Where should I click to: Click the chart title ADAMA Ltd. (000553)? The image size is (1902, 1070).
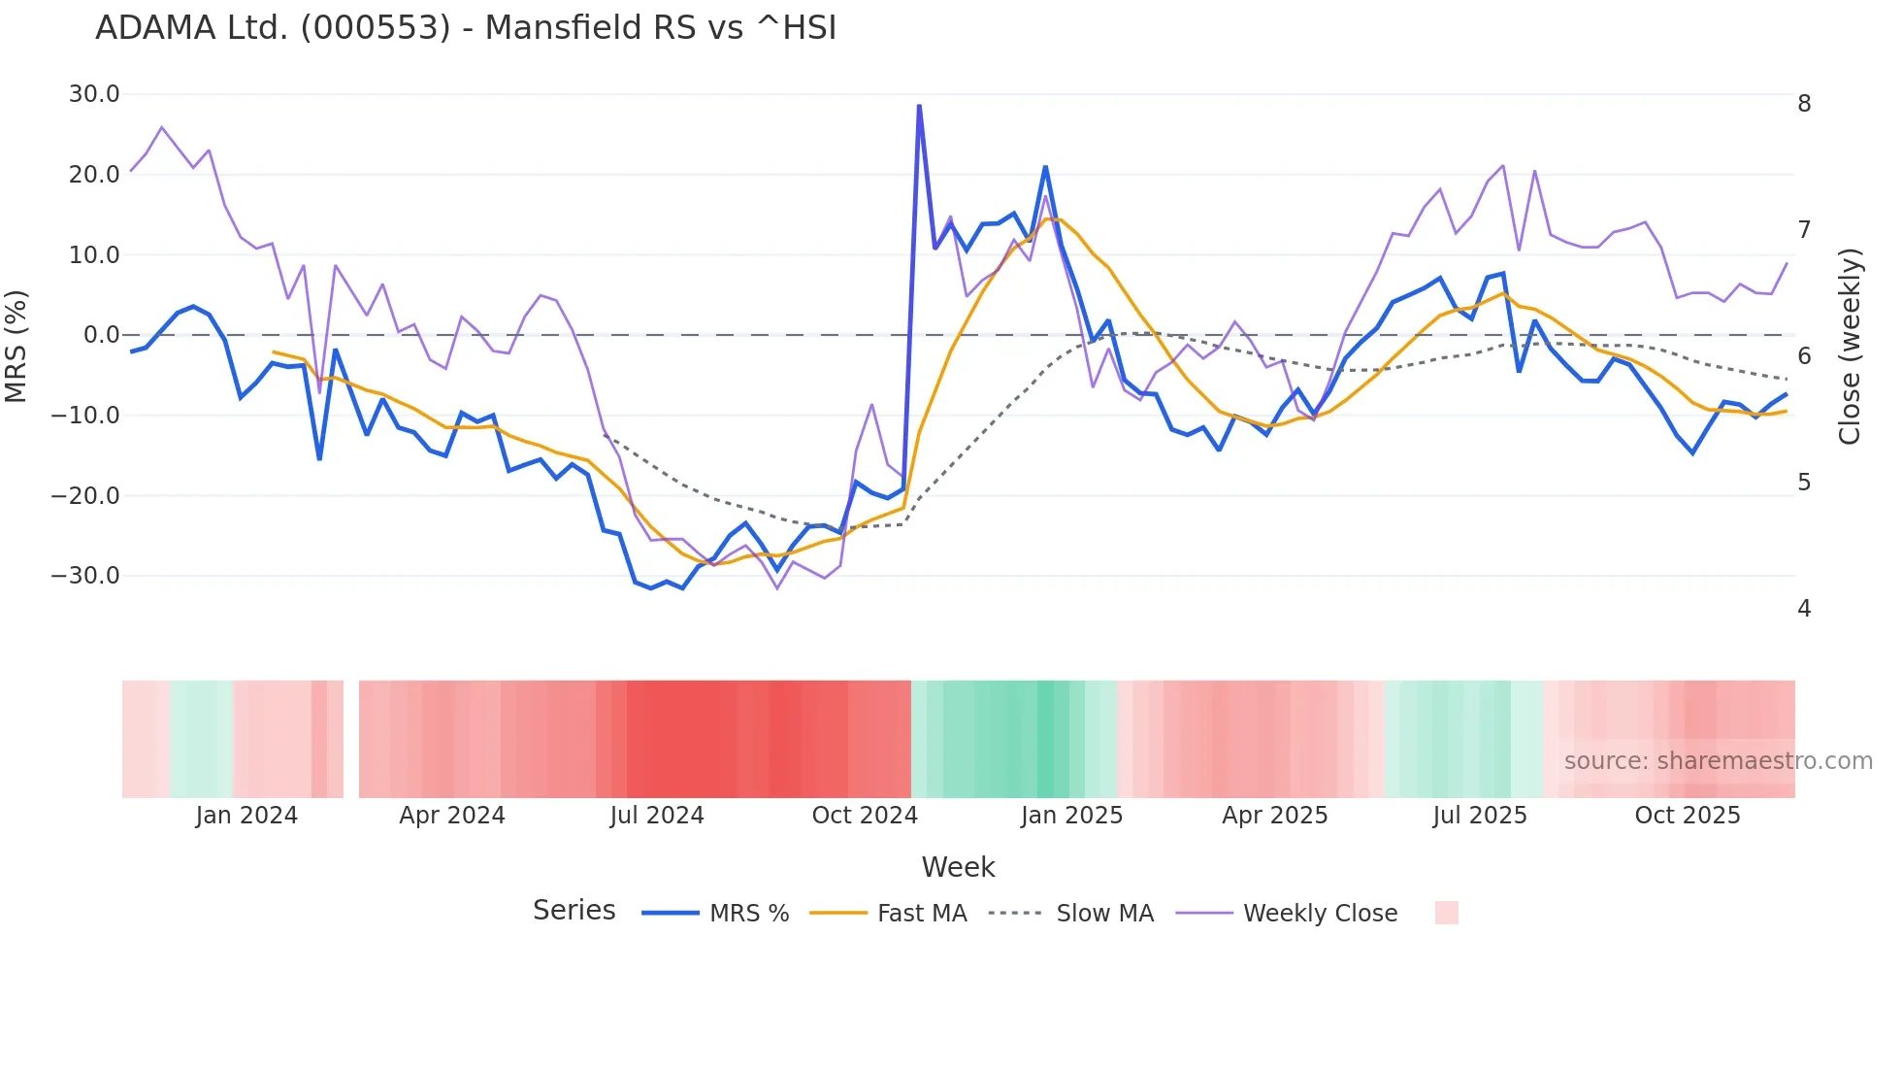[466, 28]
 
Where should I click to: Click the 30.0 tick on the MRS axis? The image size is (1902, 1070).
[94, 94]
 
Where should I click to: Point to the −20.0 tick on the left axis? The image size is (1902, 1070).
[86, 495]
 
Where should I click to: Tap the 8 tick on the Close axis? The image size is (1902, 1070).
[1804, 104]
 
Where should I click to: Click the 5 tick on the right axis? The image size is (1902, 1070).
[1804, 483]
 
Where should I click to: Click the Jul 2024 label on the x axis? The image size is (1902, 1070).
[657, 816]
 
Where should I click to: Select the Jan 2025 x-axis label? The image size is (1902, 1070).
[1071, 816]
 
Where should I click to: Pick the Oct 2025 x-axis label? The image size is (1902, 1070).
[1688, 816]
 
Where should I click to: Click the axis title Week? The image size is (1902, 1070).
[958, 867]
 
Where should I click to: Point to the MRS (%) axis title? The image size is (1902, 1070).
[16, 346]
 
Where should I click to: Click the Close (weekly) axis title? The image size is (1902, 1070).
[1850, 346]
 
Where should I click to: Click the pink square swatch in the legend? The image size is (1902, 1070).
[1446, 913]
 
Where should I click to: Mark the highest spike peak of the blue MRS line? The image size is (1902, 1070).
[919, 106]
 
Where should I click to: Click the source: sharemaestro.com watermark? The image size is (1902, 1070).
[1718, 761]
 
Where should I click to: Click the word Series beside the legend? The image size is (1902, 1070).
[574, 911]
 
